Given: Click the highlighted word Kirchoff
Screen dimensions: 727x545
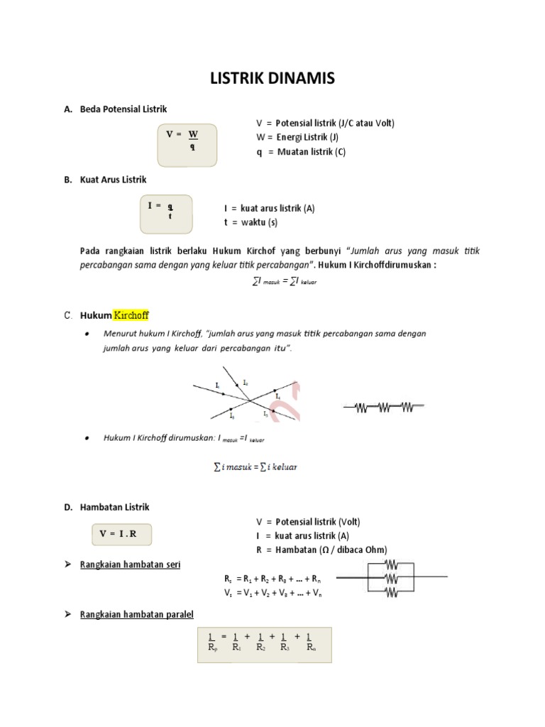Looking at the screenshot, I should [131, 315].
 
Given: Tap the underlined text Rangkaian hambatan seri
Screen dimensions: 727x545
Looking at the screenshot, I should [131, 564].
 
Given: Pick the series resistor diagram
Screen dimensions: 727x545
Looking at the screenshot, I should [383, 407].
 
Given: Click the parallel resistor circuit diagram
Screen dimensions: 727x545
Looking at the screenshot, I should [391, 577].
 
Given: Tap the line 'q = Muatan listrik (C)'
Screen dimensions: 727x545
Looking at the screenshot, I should [301, 152].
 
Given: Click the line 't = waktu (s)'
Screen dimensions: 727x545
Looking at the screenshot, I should [251, 222].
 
